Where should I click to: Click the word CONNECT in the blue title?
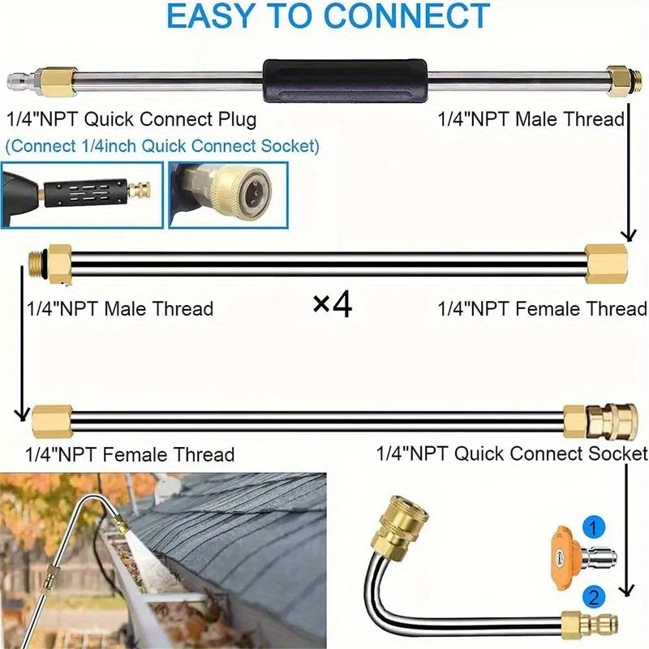[x=406, y=15]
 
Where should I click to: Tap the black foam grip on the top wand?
[x=344, y=80]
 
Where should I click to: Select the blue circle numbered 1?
[x=593, y=528]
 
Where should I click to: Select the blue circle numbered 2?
[x=594, y=598]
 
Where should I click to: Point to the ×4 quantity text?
[x=333, y=305]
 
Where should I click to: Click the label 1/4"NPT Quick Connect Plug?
[x=131, y=119]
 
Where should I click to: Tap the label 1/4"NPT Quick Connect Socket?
[x=512, y=453]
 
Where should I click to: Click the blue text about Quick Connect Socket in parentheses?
[x=162, y=146]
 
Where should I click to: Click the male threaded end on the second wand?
[x=40, y=263]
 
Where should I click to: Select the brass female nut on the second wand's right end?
[x=606, y=264]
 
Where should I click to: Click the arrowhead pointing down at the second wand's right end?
[x=630, y=235]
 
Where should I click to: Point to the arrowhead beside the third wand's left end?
[x=22, y=415]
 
